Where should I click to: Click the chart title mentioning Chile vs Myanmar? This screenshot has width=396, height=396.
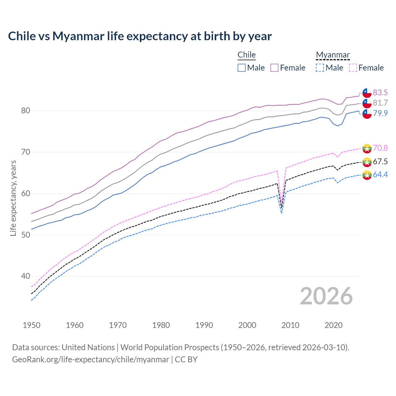tap(140, 36)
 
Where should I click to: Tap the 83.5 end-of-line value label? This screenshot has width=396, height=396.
tap(380, 93)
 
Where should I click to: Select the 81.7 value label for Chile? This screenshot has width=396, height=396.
tap(380, 103)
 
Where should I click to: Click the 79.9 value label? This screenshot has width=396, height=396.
tap(380, 113)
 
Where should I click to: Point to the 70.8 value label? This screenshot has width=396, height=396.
tap(380, 148)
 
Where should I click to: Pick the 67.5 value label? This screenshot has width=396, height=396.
tap(380, 161)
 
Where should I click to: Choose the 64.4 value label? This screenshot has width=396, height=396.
tap(380, 174)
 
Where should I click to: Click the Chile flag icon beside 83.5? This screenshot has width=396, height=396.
tap(367, 93)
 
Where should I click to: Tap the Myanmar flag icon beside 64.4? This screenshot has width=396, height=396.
tap(367, 175)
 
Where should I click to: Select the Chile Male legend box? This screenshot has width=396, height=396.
tap(242, 68)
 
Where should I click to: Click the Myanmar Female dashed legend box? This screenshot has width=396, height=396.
tap(353, 68)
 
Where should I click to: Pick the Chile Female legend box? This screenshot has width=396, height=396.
tap(274, 68)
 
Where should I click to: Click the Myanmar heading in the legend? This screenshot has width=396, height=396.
tap(333, 55)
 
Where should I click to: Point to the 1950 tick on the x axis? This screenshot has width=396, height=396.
tap(32, 325)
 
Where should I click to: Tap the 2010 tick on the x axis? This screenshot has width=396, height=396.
tap(290, 325)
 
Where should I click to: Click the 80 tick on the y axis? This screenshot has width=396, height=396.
tap(25, 110)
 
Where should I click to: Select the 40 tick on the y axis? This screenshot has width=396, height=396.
tap(25, 276)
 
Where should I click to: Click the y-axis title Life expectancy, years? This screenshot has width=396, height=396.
tap(13, 198)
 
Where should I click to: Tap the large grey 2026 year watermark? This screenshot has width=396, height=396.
tap(326, 296)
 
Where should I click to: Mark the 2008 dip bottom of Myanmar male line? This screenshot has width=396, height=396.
tap(282, 213)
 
